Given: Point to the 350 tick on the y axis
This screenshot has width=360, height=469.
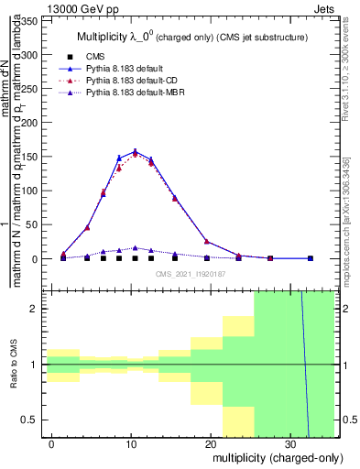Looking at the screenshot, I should coord(33,20).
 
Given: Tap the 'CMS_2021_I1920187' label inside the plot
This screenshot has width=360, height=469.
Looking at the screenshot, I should coord(191,274).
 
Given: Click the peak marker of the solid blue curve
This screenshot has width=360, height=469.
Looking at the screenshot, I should coord(136,151).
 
